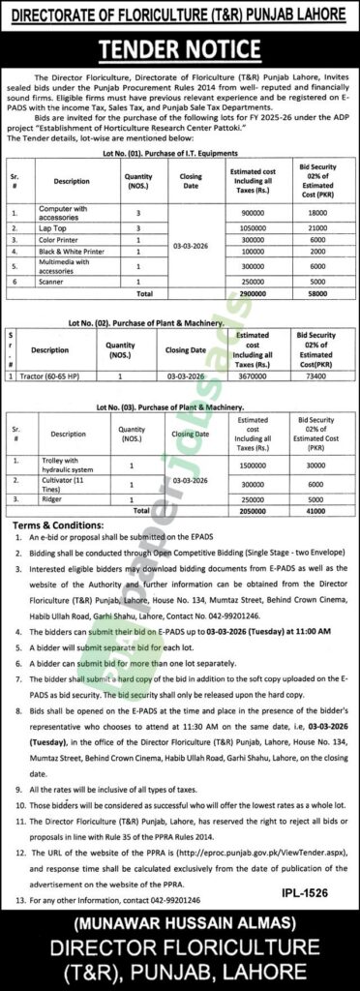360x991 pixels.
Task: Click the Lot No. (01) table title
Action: pyautogui.click(x=180, y=132)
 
